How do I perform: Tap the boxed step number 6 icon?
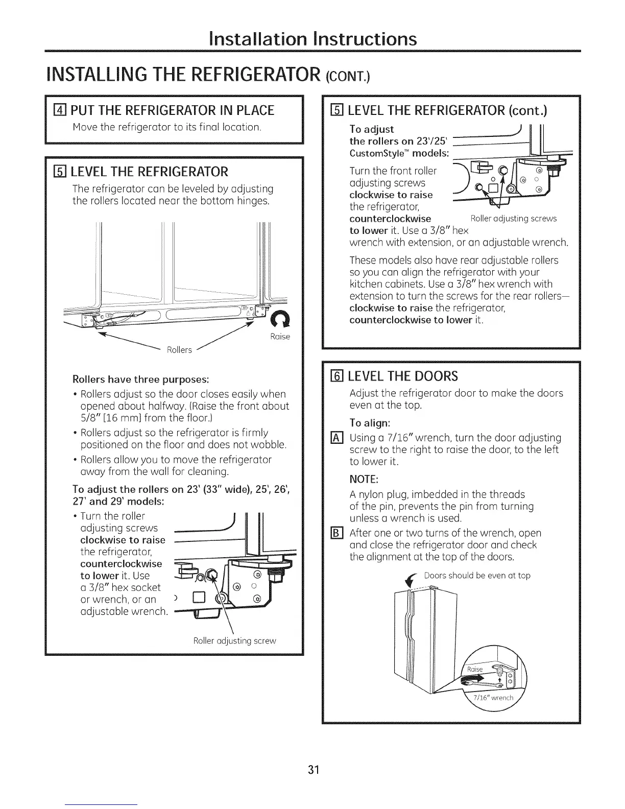(x=336, y=376)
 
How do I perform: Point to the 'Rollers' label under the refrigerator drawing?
(x=179, y=350)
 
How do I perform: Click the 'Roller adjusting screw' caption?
(x=234, y=641)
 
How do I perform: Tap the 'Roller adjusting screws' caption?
(x=513, y=219)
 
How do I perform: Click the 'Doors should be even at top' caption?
(x=477, y=576)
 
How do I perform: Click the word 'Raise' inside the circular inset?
(x=475, y=670)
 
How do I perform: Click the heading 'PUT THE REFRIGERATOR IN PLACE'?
(x=173, y=110)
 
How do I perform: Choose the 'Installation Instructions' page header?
(x=312, y=39)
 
